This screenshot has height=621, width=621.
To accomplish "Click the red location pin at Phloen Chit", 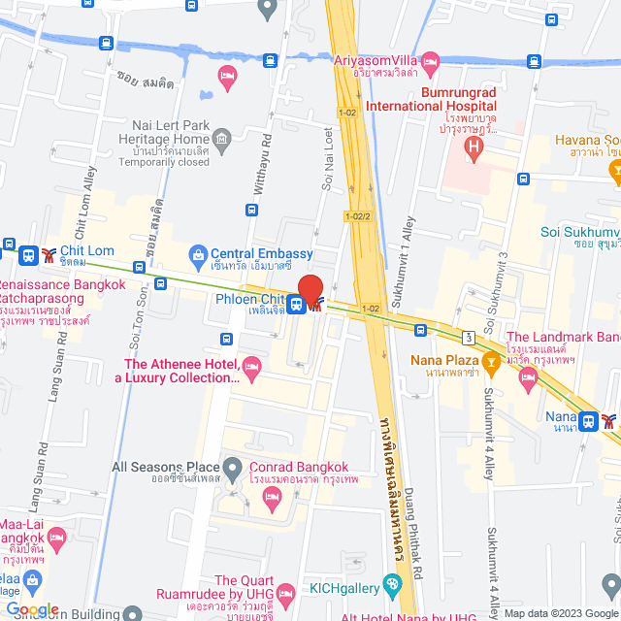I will click(310, 290).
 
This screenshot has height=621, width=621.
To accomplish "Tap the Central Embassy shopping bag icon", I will click(198, 253).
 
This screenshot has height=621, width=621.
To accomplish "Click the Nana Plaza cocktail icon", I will click(492, 362).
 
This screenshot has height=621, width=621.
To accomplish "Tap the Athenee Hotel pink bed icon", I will click(252, 365).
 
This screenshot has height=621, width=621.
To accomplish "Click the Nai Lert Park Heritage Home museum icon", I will click(223, 144).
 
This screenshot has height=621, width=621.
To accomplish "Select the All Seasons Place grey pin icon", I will click(233, 470).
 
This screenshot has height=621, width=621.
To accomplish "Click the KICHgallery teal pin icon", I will click(391, 584).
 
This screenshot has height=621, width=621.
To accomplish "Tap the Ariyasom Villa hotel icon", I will click(432, 63).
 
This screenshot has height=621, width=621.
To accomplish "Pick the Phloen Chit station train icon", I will click(294, 303).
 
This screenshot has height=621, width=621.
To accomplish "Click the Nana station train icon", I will click(587, 421).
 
